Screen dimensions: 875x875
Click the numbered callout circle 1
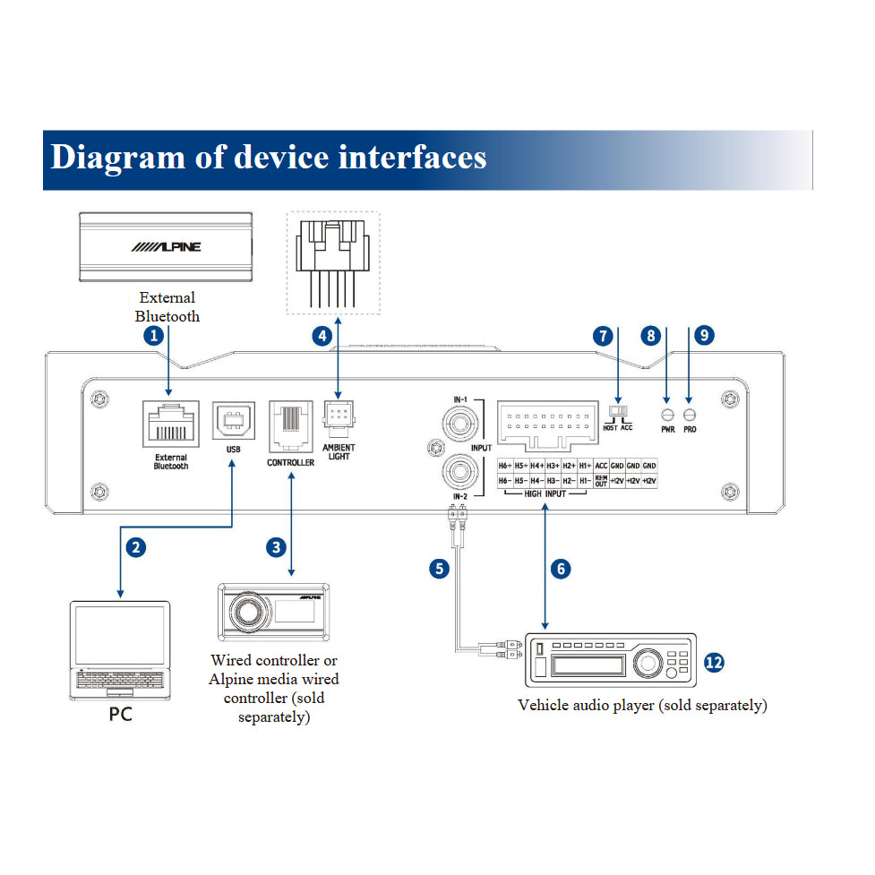coord(154,336)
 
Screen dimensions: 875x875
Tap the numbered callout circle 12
coord(713,663)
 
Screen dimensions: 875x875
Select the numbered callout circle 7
coord(603,336)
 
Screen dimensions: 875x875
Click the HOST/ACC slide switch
coord(618,411)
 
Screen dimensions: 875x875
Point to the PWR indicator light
coord(667,415)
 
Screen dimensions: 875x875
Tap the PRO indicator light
coord(690,415)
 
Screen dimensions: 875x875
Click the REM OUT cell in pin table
coord(601,482)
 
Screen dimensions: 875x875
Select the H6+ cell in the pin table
coord(505,467)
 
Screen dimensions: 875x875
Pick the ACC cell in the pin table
coord(601,467)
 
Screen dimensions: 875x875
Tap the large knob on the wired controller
coord(244,612)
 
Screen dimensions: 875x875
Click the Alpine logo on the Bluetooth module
coord(167,247)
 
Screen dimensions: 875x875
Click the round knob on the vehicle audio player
coord(646,664)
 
